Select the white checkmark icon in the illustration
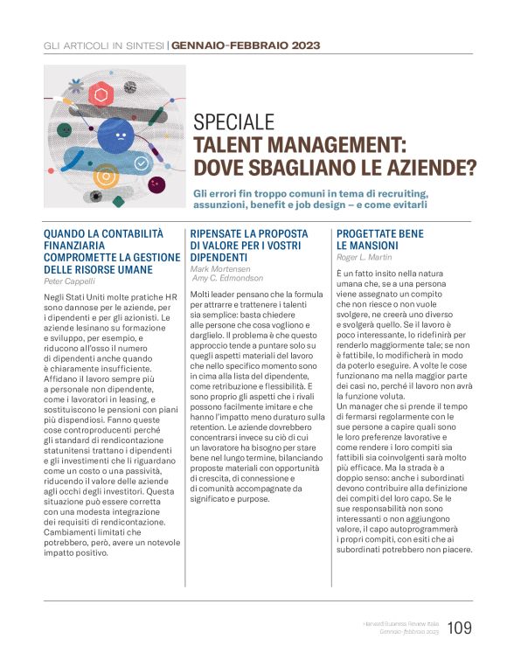(x=141, y=163)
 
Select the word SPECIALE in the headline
(x=233, y=122)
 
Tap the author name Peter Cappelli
(x=69, y=282)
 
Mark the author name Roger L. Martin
(x=365, y=258)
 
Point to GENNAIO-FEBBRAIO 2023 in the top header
(x=246, y=45)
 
